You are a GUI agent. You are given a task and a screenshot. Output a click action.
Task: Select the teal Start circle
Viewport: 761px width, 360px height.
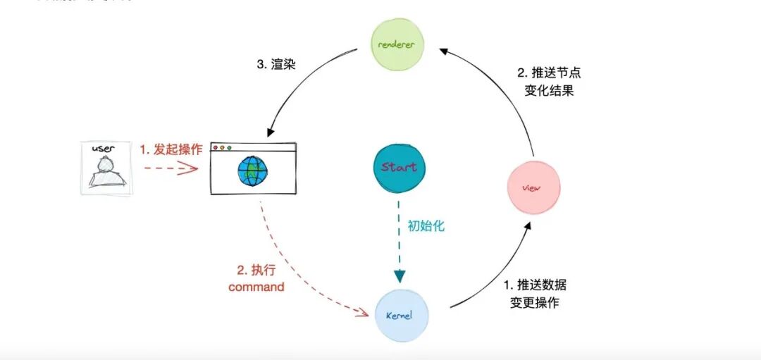tap(399, 167)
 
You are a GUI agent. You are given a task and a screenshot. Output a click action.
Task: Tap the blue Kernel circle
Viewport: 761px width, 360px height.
tap(401, 314)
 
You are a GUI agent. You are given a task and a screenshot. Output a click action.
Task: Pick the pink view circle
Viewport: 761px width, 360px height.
tap(533, 188)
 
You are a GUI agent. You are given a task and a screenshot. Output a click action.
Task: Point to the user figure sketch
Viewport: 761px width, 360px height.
tap(105, 173)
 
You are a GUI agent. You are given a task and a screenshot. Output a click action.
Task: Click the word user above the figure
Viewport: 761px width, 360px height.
tap(104, 149)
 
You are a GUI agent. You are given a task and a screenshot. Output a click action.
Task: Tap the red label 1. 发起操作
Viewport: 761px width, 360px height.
tap(171, 149)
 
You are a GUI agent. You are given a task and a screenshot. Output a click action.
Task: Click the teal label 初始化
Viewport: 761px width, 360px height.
tap(426, 227)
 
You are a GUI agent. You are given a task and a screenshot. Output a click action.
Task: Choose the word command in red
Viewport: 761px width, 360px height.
tap(256, 287)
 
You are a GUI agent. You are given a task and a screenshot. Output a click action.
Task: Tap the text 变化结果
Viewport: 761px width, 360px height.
tap(549, 91)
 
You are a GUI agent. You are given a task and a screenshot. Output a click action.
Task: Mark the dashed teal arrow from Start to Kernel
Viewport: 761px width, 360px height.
tap(399, 240)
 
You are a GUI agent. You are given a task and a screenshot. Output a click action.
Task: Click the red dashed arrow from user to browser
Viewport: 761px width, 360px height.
tap(169, 168)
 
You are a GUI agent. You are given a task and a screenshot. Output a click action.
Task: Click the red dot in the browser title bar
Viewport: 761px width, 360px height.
tap(219, 148)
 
